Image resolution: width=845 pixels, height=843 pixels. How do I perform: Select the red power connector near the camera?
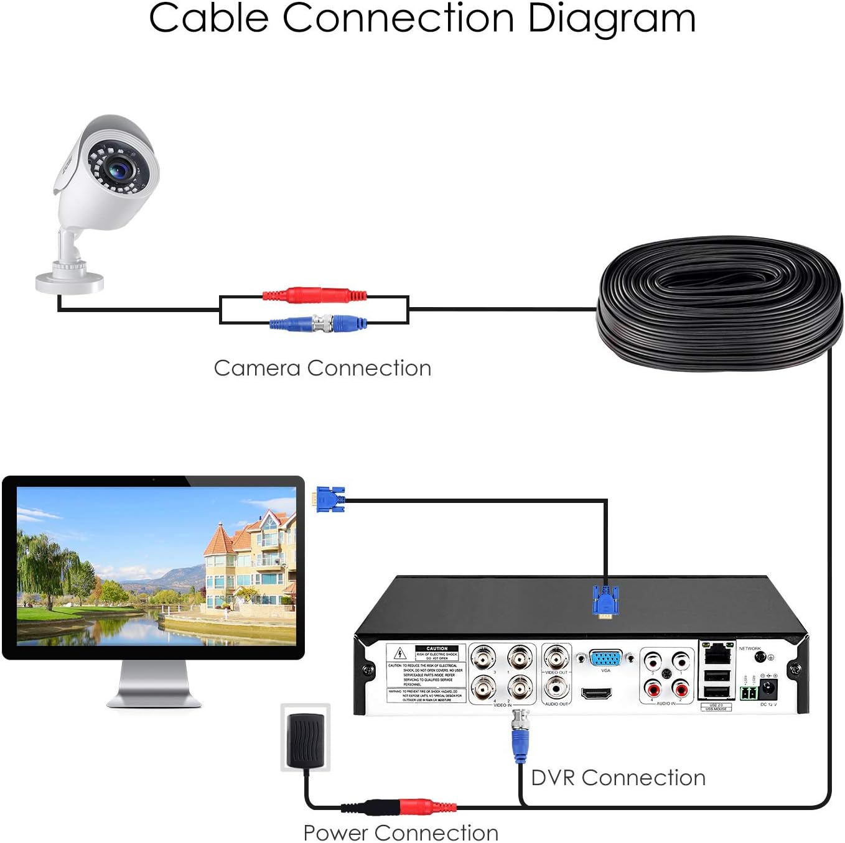314,294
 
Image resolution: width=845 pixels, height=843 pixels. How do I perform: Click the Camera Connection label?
322,368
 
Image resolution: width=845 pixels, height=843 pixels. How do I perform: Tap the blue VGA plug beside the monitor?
330,499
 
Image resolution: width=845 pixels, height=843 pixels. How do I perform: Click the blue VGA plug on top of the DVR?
605,601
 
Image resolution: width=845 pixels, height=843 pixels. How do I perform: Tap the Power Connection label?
401,832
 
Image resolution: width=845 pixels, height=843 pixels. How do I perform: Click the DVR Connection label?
618,778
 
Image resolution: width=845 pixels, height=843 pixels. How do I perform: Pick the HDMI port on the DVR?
596,693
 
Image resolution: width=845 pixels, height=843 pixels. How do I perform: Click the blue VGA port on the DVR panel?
605,658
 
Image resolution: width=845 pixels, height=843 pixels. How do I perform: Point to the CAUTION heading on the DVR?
437,648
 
